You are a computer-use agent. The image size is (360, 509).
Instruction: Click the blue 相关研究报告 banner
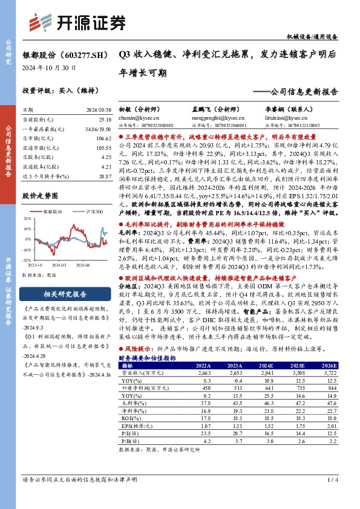click(x=67, y=294)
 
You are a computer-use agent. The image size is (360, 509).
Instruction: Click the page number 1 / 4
click(x=331, y=480)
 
